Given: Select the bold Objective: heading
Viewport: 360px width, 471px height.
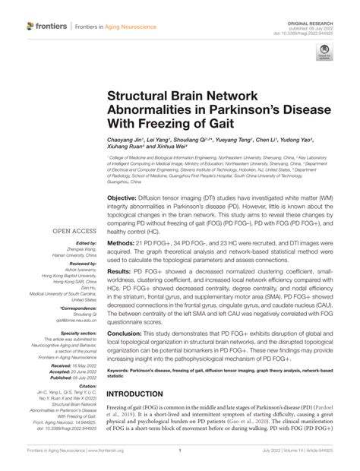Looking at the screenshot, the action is click(x=128, y=197).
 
